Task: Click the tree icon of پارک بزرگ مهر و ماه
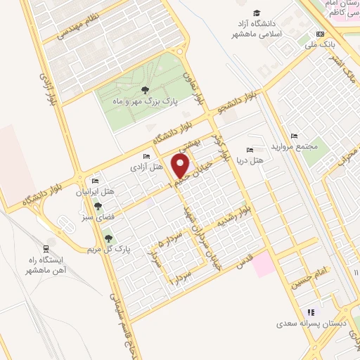144,90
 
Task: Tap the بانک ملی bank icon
321,34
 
